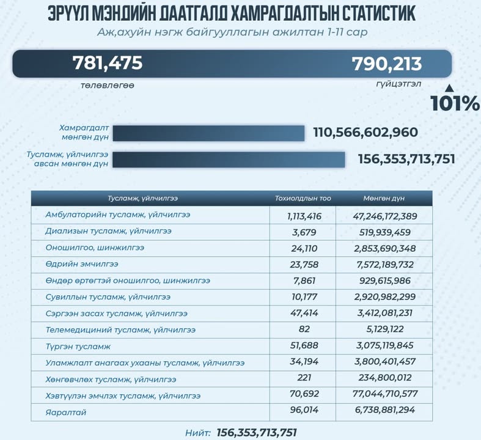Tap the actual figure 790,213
(386, 64)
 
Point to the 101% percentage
(454, 103)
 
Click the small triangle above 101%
(449, 87)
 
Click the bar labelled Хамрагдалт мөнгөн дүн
(208, 133)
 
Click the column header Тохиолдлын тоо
(303, 199)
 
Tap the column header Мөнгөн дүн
(384, 199)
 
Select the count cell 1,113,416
(303, 216)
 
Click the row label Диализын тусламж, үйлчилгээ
(108, 232)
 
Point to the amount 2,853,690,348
(384, 248)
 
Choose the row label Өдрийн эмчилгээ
(82, 264)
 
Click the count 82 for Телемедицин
(303, 330)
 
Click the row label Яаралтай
(66, 413)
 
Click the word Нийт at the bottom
(198, 433)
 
